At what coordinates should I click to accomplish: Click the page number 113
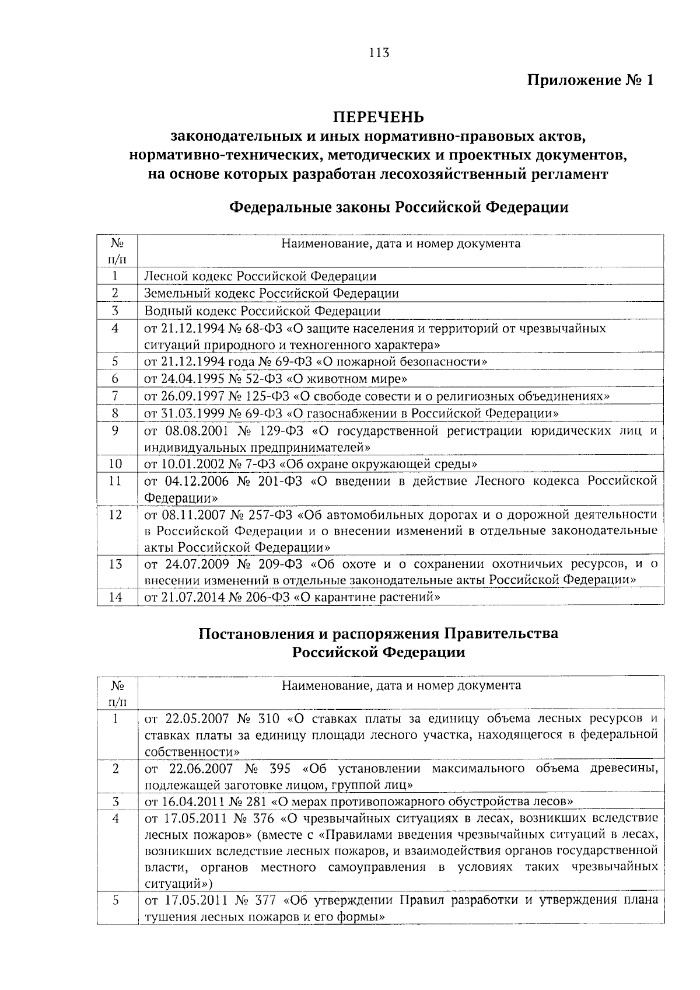[379, 53]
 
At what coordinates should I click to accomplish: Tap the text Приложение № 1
[590, 81]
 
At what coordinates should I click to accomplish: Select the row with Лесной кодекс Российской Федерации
[260, 276]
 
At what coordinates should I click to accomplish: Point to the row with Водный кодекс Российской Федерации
[262, 311]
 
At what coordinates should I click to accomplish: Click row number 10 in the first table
[116, 464]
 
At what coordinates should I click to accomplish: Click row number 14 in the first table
[116, 597]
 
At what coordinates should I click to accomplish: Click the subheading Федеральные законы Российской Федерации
[398, 207]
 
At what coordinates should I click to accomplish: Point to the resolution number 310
[268, 718]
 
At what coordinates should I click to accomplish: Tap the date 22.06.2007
[201, 768]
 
